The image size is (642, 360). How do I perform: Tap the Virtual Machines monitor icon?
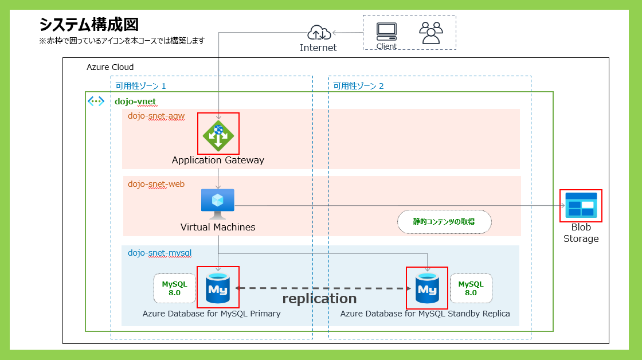[218, 203]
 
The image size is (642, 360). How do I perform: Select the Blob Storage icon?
[581, 205]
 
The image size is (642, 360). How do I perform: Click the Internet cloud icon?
[318, 33]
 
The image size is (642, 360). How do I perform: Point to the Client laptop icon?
[386, 31]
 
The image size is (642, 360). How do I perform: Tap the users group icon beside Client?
[431, 33]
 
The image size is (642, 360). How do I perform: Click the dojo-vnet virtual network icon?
[96, 101]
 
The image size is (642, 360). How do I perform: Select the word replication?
[319, 299]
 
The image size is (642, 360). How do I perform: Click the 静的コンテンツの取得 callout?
[444, 222]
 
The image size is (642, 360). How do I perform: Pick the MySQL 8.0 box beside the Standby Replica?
[471, 288]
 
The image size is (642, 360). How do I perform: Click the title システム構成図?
[89, 25]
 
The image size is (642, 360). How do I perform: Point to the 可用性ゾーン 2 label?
[359, 86]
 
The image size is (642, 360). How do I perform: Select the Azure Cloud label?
[110, 67]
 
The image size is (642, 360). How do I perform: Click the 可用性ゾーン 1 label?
[141, 86]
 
